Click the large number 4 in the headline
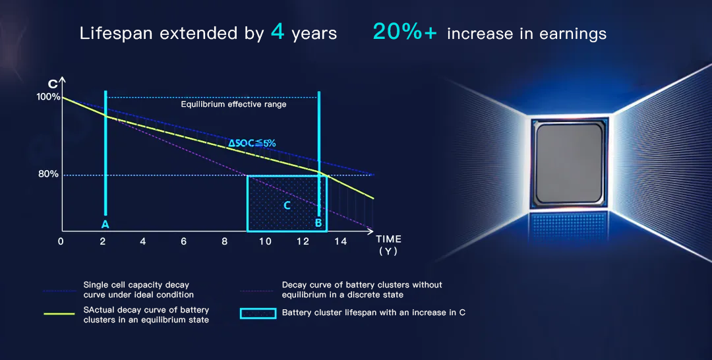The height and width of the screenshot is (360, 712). pyautogui.click(x=278, y=32)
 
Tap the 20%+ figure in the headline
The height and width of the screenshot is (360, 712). pyautogui.click(x=404, y=32)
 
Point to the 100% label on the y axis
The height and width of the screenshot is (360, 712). pyautogui.click(x=49, y=97)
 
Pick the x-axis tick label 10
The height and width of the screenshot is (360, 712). pyautogui.click(x=265, y=242)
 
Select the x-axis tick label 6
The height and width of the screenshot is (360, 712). pyautogui.click(x=183, y=242)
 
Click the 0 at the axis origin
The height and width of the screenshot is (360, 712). pyautogui.click(x=61, y=242)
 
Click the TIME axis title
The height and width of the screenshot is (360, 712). pyautogui.click(x=388, y=239)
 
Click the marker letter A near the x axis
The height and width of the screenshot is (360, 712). pyautogui.click(x=105, y=224)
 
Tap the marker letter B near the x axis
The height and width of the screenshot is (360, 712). pyautogui.click(x=318, y=224)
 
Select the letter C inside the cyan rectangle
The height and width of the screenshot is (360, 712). pyautogui.click(x=287, y=206)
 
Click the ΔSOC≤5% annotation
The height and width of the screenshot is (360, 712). pyautogui.click(x=252, y=143)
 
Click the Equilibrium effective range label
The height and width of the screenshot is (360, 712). pyautogui.click(x=233, y=104)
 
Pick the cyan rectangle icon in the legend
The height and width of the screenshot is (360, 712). pyautogui.click(x=258, y=313)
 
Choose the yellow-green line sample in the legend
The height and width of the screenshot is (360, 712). pyautogui.click(x=59, y=314)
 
